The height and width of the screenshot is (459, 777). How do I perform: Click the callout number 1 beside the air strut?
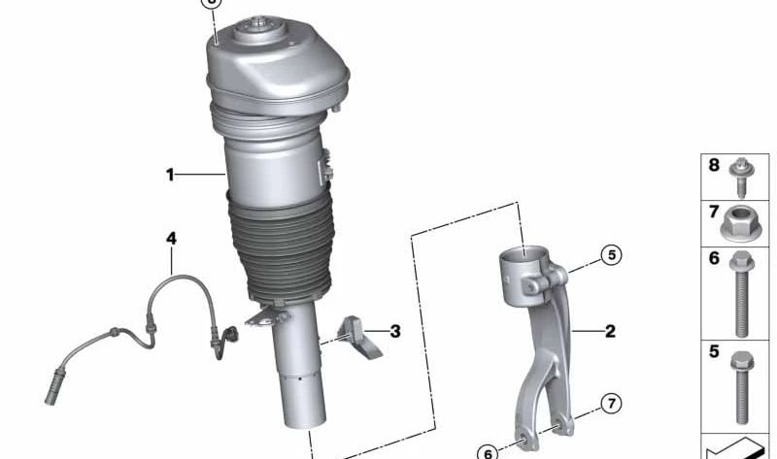coord(170,175)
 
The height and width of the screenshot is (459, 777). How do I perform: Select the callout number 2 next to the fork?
coord(610,331)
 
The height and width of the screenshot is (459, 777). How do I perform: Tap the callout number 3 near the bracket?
coord(395,331)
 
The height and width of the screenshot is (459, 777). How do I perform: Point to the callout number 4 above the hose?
coord(171,239)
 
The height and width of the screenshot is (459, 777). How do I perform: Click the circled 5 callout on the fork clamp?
coord(611,255)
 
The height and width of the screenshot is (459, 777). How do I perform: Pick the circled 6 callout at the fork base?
coord(488,452)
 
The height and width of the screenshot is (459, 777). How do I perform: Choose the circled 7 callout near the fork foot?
coord(611,404)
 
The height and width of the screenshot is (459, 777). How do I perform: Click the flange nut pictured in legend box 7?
coord(740,223)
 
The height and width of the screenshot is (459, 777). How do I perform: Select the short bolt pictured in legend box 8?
coord(741,177)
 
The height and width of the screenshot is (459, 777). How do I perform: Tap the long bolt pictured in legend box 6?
coord(741,294)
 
